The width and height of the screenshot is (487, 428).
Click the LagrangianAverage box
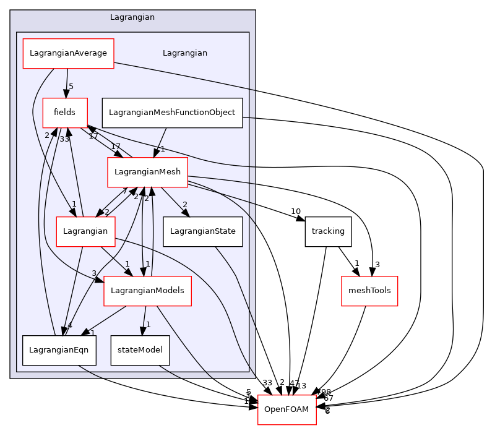[x=68, y=53]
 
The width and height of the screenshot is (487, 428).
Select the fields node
[x=64, y=113]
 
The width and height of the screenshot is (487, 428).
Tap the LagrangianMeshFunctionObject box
[x=171, y=113]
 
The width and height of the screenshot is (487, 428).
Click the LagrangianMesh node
[x=147, y=172]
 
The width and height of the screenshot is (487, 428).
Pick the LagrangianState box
[x=203, y=231]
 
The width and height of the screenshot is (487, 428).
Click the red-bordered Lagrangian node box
[x=85, y=231]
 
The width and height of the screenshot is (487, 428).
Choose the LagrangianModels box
[x=147, y=291]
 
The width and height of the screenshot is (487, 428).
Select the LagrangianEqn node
[x=59, y=350]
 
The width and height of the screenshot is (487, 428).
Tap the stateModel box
[x=140, y=350]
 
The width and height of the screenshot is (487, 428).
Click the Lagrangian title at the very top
[x=132, y=17]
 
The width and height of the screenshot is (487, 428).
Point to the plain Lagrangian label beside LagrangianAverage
[x=184, y=53]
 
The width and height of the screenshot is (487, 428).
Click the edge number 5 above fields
[x=71, y=87]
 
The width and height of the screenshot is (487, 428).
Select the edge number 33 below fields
[x=64, y=139]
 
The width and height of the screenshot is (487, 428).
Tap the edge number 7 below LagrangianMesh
[x=124, y=191]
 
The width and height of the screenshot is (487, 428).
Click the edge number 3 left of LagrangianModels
[x=94, y=273]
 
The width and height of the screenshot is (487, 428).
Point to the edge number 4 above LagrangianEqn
[x=70, y=325]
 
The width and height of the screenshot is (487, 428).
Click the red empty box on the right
[x=369, y=291]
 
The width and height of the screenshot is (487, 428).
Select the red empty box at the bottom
[x=287, y=409]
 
